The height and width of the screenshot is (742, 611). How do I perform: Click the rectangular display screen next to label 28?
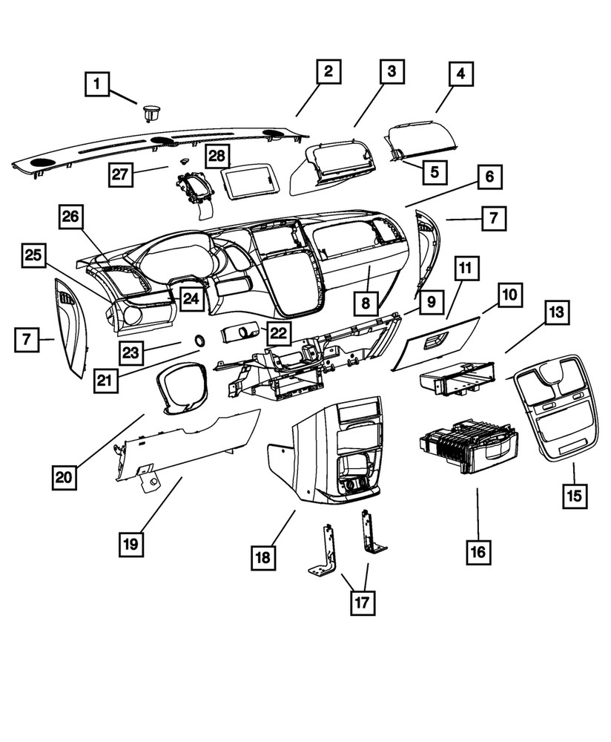point(251,180)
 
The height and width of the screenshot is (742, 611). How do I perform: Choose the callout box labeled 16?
point(478,551)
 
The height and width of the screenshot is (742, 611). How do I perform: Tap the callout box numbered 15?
point(572,495)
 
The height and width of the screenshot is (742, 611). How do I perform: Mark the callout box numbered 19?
point(131,544)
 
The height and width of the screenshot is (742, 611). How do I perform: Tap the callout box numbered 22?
point(278,333)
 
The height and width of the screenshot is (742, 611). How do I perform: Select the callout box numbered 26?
point(73,217)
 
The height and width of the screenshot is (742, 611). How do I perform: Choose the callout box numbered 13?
point(557,314)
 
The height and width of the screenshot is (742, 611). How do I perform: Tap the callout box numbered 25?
point(33,256)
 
